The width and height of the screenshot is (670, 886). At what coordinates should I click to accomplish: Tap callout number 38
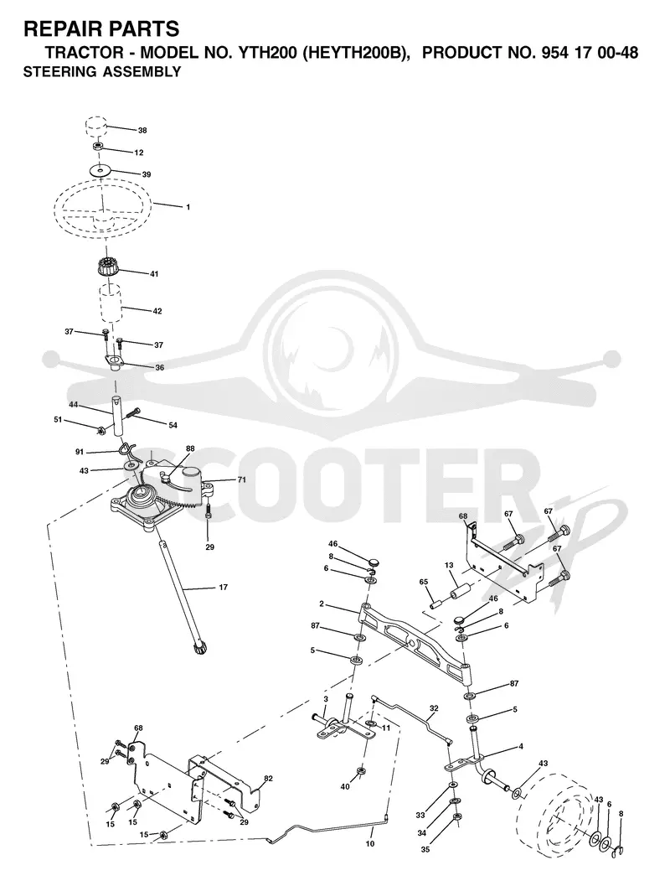pyautogui.click(x=142, y=131)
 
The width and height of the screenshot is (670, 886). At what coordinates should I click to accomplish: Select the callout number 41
pyautogui.click(x=154, y=274)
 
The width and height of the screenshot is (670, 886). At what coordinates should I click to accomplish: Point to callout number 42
pyautogui.click(x=157, y=311)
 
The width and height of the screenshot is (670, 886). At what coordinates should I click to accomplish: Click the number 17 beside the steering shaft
pyautogui.click(x=223, y=588)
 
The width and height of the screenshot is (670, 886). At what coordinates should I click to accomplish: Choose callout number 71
pyautogui.click(x=241, y=479)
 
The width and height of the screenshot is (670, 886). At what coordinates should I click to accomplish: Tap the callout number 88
pyautogui.click(x=190, y=448)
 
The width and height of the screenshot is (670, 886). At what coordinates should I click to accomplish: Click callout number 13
pyautogui.click(x=449, y=566)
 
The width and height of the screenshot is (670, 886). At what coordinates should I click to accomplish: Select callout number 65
pyautogui.click(x=423, y=582)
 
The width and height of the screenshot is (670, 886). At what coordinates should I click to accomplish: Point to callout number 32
pyautogui.click(x=434, y=708)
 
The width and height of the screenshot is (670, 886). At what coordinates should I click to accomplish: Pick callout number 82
pyautogui.click(x=268, y=779)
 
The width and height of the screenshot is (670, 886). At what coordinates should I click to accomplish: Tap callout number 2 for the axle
pyautogui.click(x=321, y=604)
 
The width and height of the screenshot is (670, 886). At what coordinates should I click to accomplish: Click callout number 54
pyautogui.click(x=173, y=425)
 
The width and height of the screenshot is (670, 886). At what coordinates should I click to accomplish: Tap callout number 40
pyautogui.click(x=345, y=786)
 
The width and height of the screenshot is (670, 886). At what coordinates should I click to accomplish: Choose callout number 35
pyautogui.click(x=425, y=849)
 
